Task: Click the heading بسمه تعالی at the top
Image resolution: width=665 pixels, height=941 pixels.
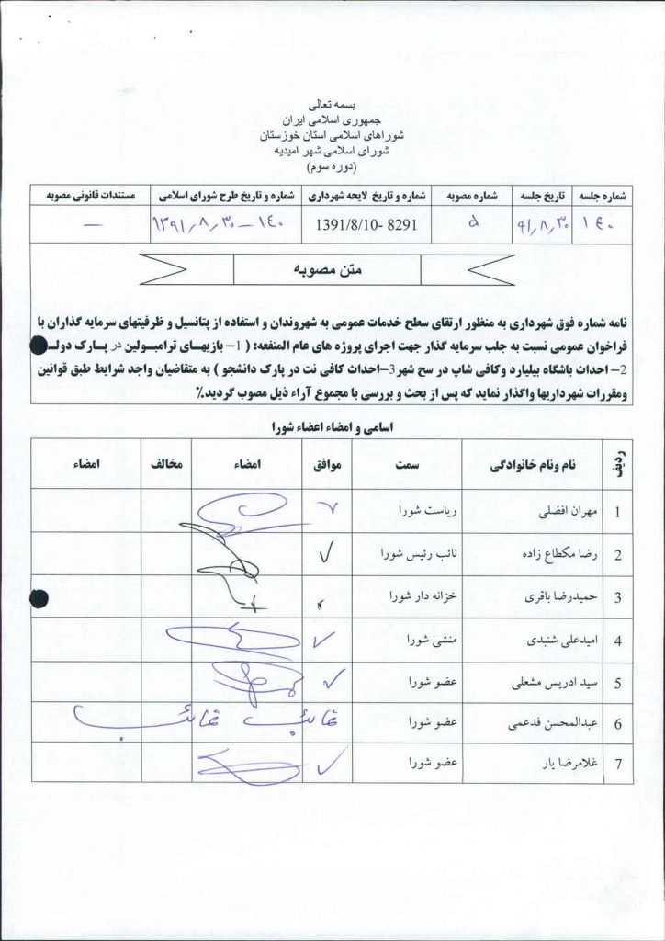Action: point(333,107)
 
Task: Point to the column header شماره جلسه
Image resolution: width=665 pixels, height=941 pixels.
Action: point(603,197)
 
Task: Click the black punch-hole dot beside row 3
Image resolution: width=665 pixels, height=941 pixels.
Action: point(39,598)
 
